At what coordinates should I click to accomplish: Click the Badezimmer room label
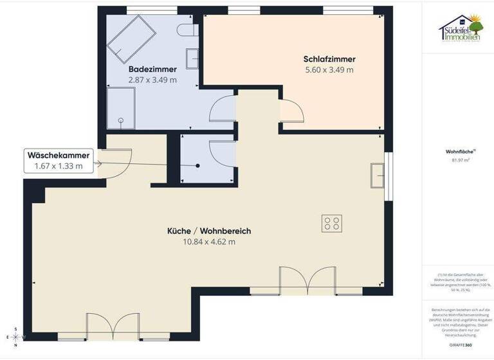coord(152,69)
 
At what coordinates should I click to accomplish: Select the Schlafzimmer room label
coord(329,59)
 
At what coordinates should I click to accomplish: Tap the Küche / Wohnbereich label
coord(208,231)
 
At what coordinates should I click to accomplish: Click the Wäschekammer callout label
coord(58,155)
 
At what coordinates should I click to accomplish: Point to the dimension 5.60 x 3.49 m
coord(329,69)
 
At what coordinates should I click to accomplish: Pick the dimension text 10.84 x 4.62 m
coord(208,242)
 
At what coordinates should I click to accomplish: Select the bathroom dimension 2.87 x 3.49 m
coord(152,80)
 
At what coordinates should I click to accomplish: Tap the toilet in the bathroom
coord(187,30)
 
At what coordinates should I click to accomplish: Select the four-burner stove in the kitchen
coord(332,223)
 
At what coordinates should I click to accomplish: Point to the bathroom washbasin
coord(192,58)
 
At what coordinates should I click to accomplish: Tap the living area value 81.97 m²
coord(457,161)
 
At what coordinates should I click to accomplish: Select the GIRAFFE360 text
coord(457,345)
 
